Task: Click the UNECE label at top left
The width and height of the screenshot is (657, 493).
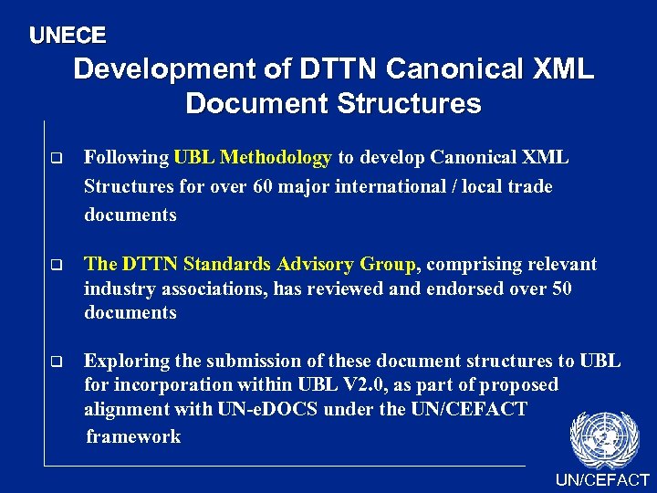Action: pyautogui.click(x=68, y=36)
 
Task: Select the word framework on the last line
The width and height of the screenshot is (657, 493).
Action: pyautogui.click(x=133, y=436)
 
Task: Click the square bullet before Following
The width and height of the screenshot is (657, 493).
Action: pyautogui.click(x=56, y=159)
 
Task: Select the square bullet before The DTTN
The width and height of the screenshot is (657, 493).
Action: pyautogui.click(x=56, y=266)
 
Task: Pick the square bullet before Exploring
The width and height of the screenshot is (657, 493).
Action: pyautogui.click(x=56, y=362)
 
